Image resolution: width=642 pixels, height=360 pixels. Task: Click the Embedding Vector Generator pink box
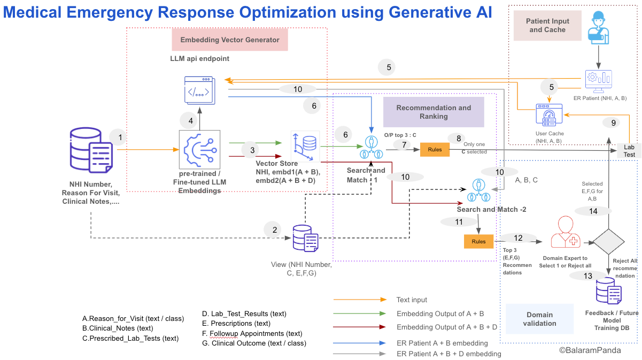(x=230, y=40)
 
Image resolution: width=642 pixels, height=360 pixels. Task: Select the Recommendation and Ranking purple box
(x=434, y=112)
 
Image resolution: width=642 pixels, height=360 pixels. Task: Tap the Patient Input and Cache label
(x=547, y=26)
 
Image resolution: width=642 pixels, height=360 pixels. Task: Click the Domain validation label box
(x=539, y=319)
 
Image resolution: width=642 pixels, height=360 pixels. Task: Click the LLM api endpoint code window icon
(x=200, y=89)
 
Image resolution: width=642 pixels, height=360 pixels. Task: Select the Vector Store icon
(x=305, y=144)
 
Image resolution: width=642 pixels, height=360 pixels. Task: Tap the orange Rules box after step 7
(x=435, y=150)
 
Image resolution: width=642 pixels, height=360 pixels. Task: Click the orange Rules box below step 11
(x=478, y=241)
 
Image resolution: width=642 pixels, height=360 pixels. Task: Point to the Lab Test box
(x=629, y=150)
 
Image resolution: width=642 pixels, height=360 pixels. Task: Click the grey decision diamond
(x=609, y=242)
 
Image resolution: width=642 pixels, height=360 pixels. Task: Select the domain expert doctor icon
(x=562, y=232)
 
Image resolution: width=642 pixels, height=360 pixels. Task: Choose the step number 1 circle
(x=120, y=137)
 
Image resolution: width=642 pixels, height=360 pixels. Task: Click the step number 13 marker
(x=589, y=275)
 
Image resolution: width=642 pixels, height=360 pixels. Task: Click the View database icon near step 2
(x=305, y=239)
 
